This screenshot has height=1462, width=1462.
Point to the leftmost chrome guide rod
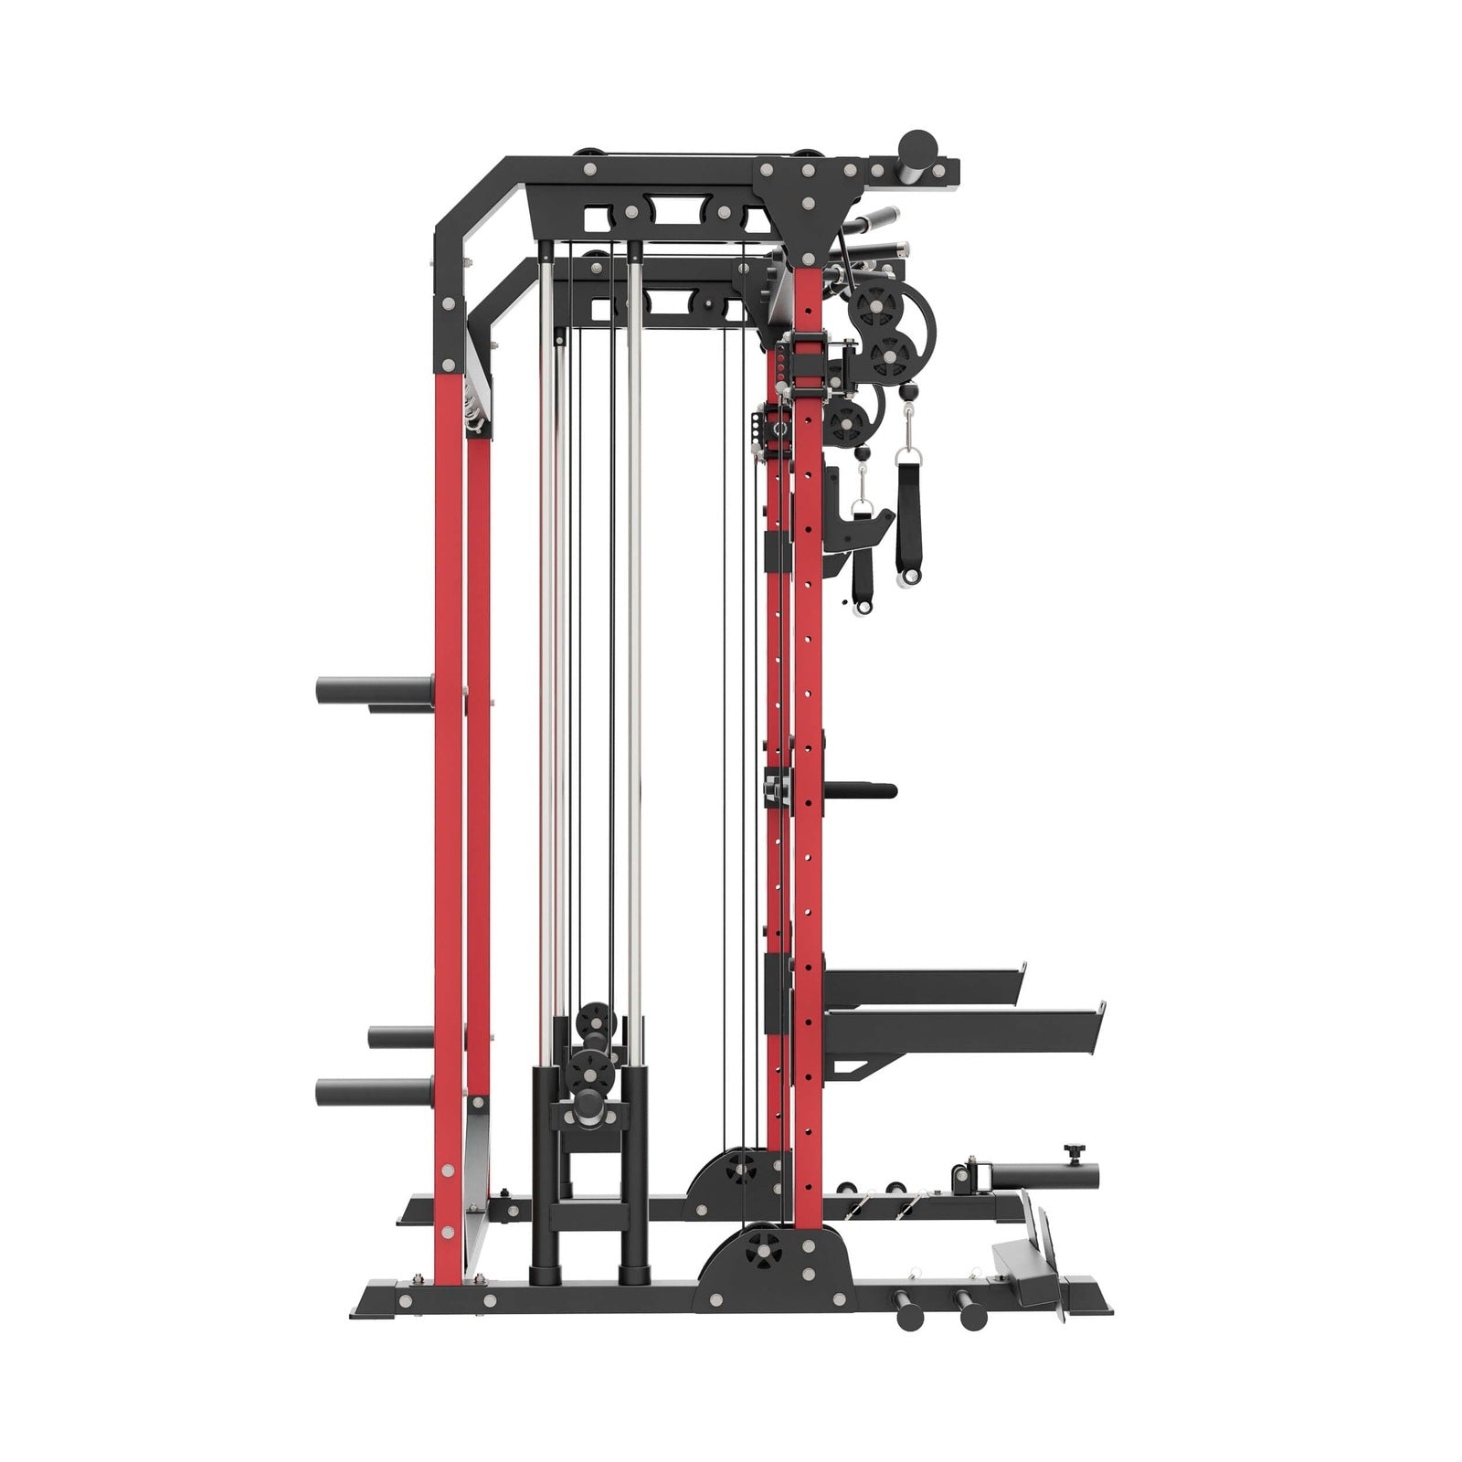coord(546,640)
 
